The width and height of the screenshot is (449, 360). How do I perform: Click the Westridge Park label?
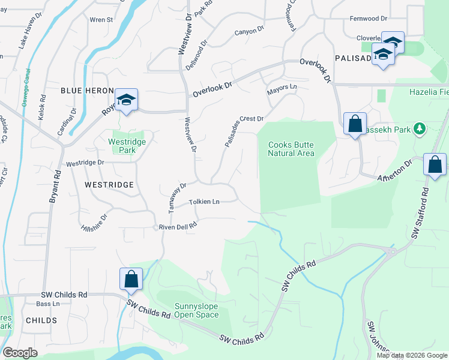[x=127, y=146]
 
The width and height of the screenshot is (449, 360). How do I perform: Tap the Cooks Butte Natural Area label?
[x=291, y=149]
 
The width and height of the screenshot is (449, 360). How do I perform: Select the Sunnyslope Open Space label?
[x=196, y=310]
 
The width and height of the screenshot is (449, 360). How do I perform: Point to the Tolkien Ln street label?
[x=204, y=202]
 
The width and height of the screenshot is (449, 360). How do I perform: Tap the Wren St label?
[x=101, y=20]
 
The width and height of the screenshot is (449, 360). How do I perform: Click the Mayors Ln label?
[x=282, y=88]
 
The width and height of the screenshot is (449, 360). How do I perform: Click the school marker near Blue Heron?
[x=126, y=100]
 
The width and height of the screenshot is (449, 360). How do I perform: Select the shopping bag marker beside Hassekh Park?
[x=355, y=124]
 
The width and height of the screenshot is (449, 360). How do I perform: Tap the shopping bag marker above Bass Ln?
[x=131, y=279]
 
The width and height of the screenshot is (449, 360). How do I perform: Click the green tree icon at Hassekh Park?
[x=420, y=128]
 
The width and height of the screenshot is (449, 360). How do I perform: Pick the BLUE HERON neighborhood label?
[x=86, y=90]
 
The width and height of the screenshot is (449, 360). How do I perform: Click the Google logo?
[x=20, y=353]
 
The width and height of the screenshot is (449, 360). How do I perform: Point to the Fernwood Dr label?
[x=369, y=19]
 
